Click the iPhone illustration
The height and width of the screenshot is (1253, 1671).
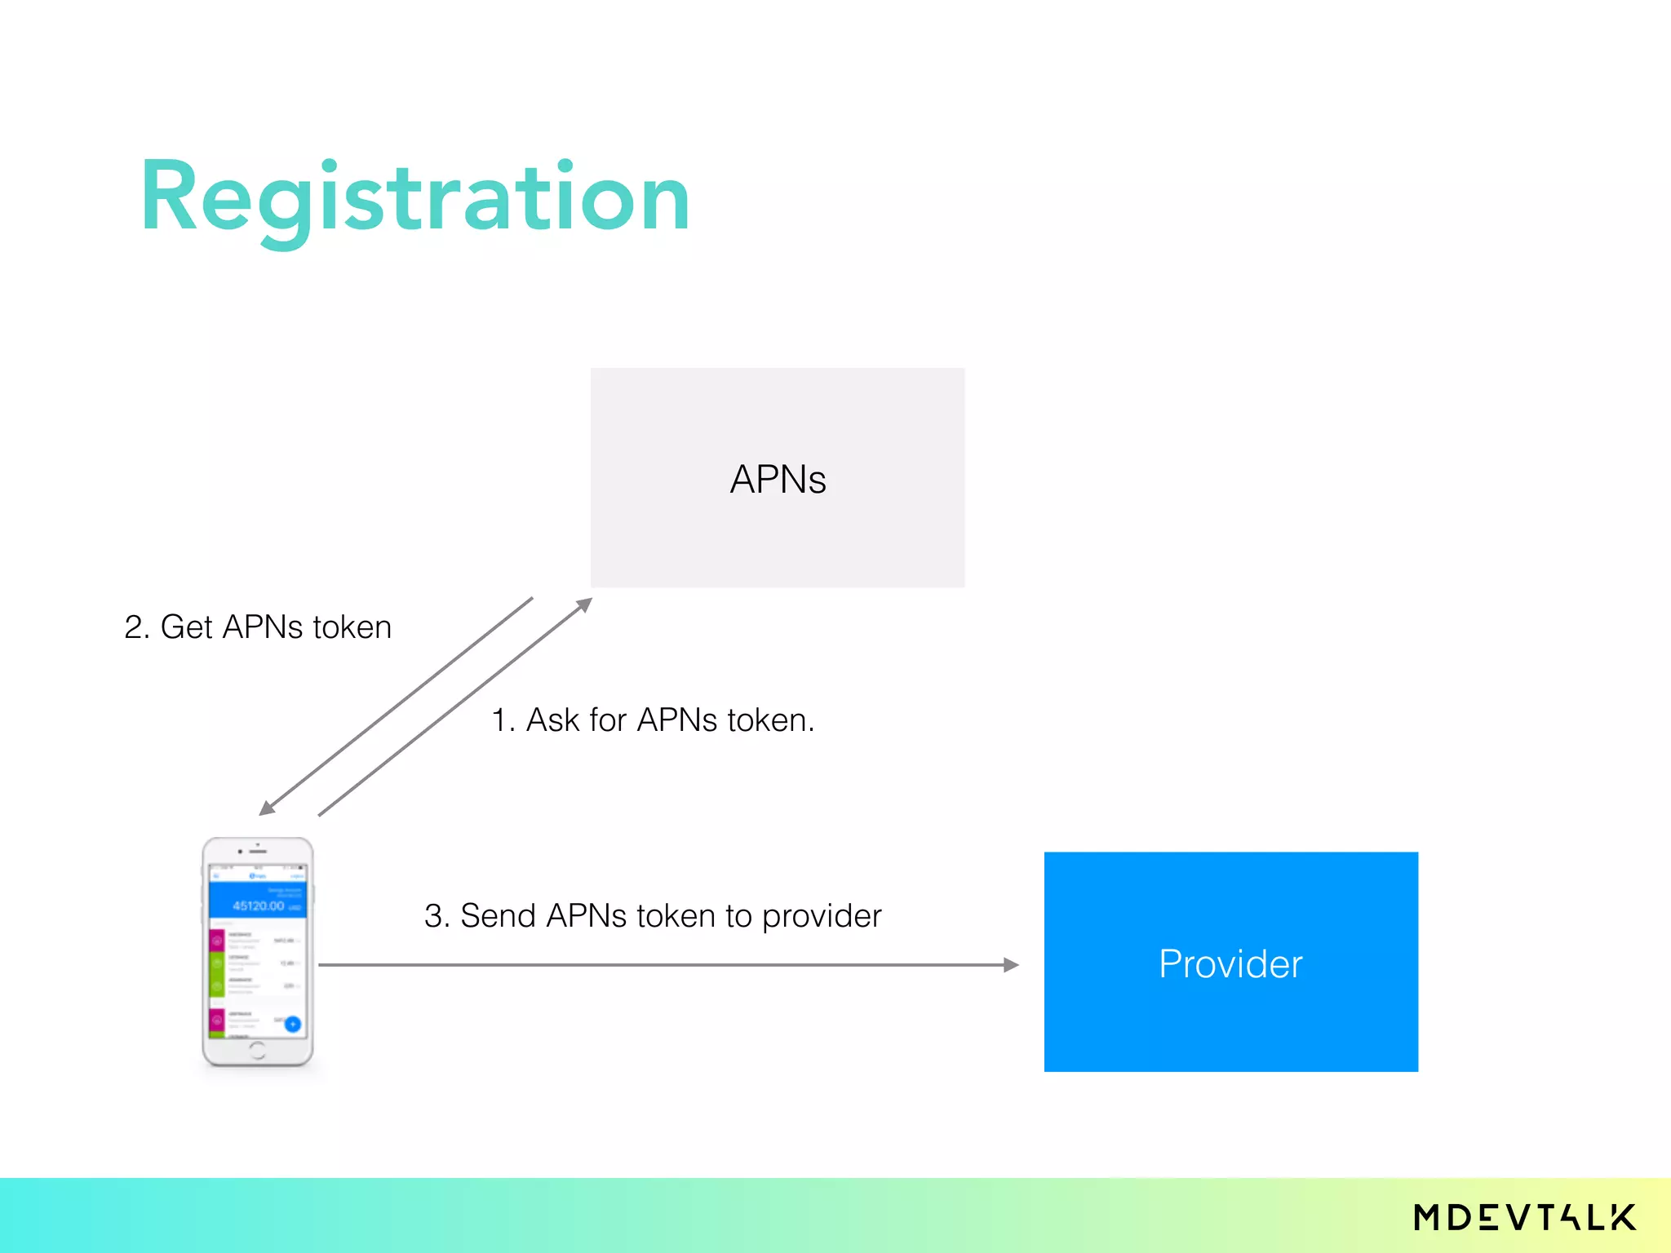(258, 951)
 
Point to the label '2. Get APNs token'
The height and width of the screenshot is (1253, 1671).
(258, 627)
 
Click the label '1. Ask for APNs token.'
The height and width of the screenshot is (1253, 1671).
(653, 720)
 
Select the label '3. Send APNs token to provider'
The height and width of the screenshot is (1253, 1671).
(653, 916)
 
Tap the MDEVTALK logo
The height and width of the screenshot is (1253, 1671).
(1524, 1217)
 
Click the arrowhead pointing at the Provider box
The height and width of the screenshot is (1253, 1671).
(1011, 965)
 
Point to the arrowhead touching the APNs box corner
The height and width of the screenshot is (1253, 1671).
(584, 604)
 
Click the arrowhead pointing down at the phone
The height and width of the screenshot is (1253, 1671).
(267, 808)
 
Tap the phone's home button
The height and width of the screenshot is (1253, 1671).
(258, 1050)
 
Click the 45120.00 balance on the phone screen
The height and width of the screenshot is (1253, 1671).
(258, 905)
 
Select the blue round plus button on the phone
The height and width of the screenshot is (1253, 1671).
(292, 1025)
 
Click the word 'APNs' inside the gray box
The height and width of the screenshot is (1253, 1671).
(778, 479)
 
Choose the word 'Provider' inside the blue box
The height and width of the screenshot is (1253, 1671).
(1230, 964)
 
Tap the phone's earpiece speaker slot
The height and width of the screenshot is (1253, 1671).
(259, 852)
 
